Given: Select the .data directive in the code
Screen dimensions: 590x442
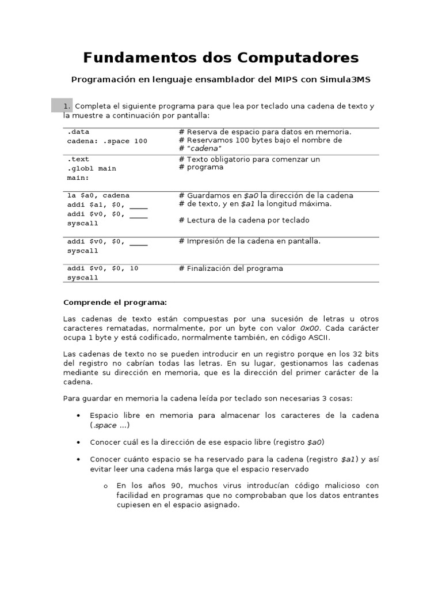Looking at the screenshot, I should pyautogui.click(x=78, y=132).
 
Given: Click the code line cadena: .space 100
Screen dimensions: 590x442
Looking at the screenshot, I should pyautogui.click(x=107, y=141).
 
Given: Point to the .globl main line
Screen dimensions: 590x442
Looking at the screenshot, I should pyautogui.click(x=92, y=168).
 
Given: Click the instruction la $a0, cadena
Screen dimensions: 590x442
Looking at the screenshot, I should pyautogui.click(x=98, y=195).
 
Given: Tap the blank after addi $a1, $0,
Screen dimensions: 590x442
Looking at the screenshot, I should pyautogui.click(x=139, y=205).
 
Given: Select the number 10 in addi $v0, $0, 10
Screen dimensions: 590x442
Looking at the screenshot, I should pyautogui.click(x=134, y=268).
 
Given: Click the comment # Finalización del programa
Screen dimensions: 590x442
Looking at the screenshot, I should pyautogui.click(x=231, y=268).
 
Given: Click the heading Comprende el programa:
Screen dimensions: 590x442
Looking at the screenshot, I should pyautogui.click(x=115, y=302).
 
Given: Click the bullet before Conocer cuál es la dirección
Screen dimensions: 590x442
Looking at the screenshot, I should pyautogui.click(x=78, y=442).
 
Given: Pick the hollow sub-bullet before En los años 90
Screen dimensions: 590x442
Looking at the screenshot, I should pyautogui.click(x=106, y=486).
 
